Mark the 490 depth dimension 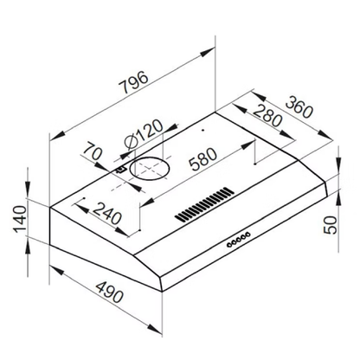coord(100,299)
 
